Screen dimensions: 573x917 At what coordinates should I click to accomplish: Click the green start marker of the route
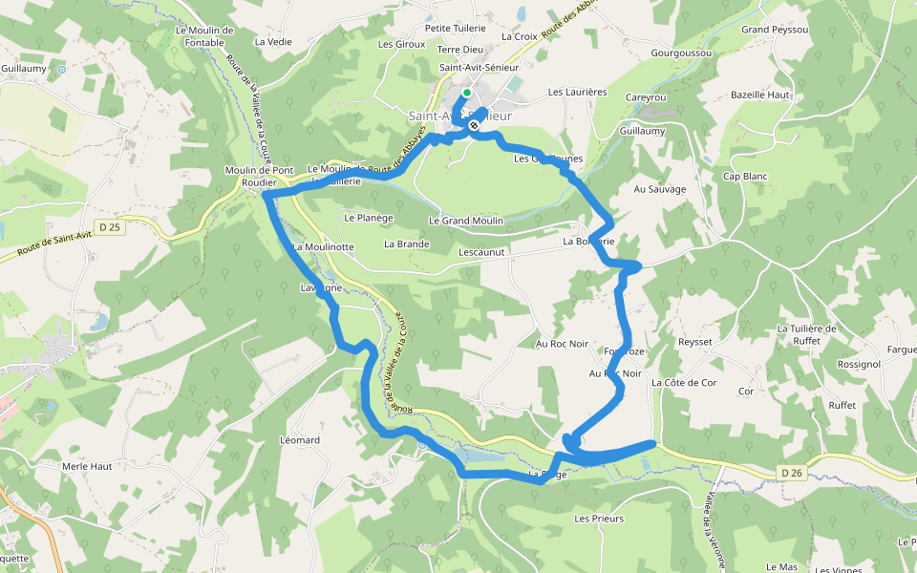click(467, 93)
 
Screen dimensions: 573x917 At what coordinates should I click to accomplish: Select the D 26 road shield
click(789, 472)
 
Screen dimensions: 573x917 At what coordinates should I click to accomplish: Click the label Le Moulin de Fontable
click(204, 36)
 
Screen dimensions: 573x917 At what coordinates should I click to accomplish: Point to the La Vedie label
click(273, 42)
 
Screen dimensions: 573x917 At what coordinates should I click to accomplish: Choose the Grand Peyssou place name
click(775, 31)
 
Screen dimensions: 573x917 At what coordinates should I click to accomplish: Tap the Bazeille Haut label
click(760, 95)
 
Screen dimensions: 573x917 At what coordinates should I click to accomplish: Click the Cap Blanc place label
click(745, 177)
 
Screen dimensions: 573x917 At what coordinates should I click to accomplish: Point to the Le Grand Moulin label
click(466, 221)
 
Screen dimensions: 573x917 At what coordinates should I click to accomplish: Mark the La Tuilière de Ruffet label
click(807, 334)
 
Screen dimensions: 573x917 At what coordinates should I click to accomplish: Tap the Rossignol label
click(831, 365)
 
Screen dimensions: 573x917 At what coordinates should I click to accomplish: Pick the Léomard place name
click(300, 440)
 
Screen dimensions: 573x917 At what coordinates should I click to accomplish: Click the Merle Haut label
click(87, 466)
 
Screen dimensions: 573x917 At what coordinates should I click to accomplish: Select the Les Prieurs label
click(599, 519)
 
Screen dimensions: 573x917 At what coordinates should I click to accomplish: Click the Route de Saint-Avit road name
click(54, 244)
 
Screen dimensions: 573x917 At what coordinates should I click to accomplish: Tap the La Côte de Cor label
click(684, 383)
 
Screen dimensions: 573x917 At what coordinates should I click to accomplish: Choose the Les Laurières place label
click(577, 93)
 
